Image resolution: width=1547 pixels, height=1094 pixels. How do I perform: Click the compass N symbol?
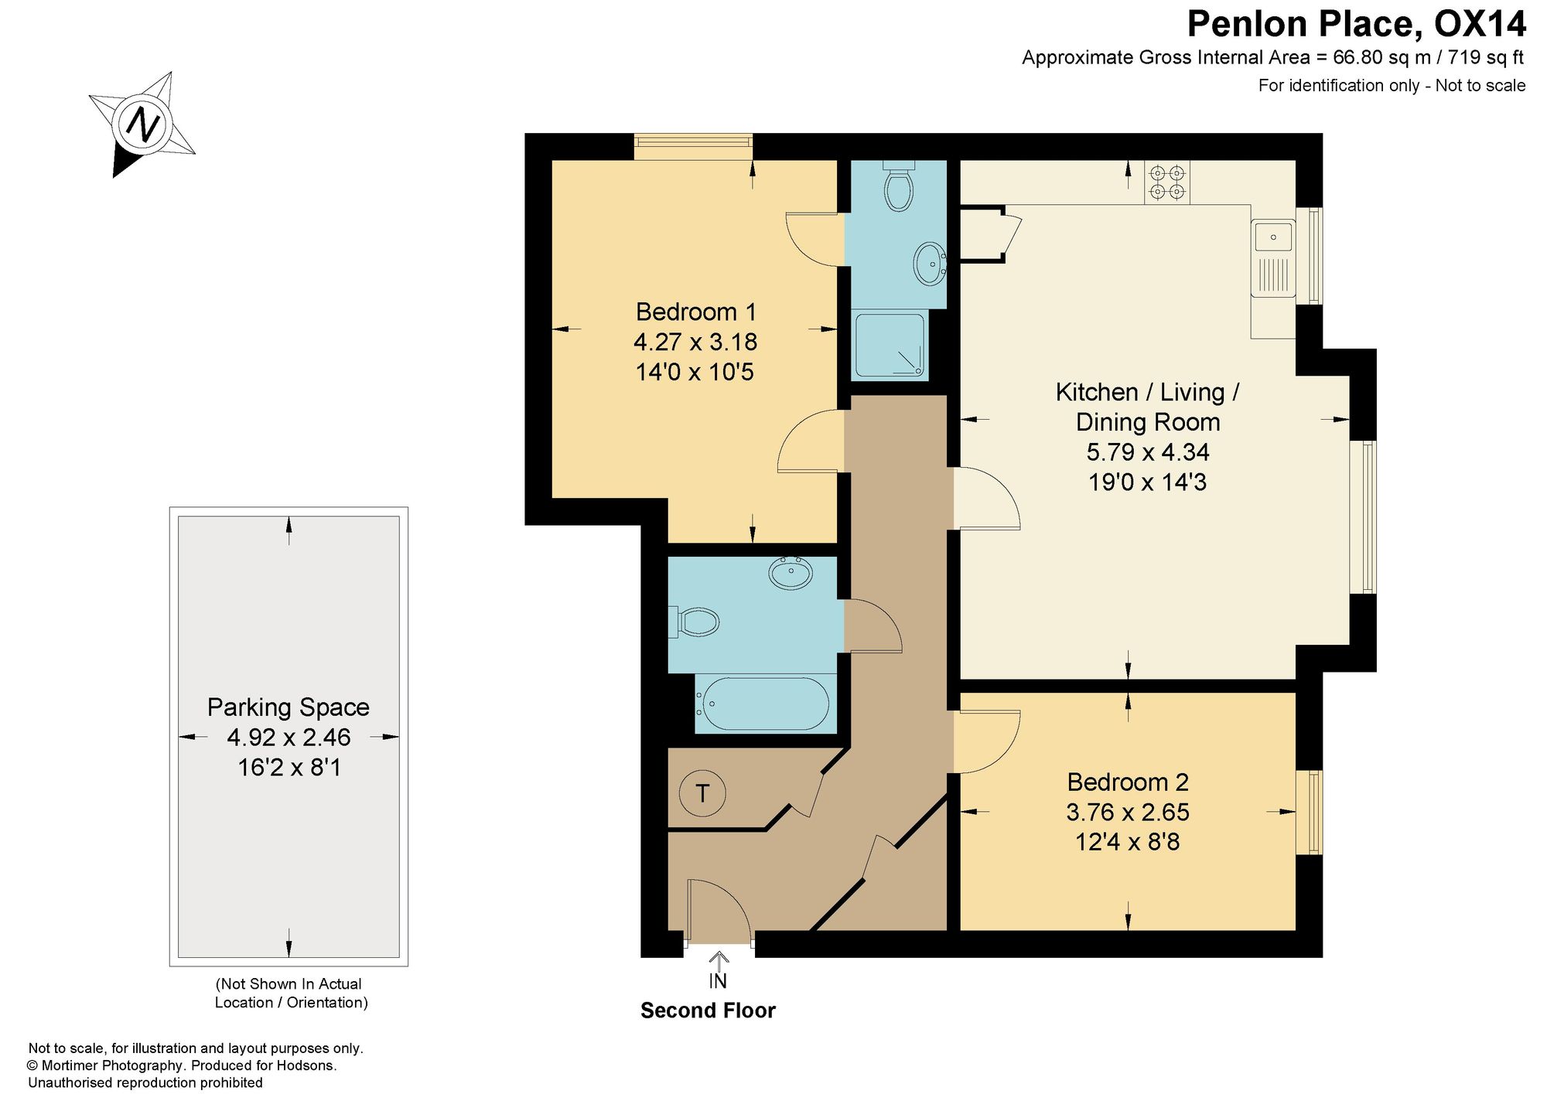coord(142,123)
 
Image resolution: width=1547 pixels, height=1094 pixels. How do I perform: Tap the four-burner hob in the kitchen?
coord(1167,182)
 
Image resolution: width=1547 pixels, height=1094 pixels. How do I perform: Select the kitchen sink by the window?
coord(1273,258)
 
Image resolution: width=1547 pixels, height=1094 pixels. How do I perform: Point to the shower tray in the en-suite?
coord(890,346)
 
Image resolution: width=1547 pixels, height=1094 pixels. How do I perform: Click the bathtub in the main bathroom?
coord(762,704)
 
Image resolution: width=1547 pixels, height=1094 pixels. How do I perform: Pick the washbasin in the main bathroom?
coord(791,573)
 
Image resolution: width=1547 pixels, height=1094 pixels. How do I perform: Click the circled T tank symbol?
coord(702,792)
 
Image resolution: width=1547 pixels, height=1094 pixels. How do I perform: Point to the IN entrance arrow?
coord(719,962)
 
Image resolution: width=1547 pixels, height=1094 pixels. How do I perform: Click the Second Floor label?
coord(708,1011)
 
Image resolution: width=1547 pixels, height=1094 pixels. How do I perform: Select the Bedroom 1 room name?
coord(695,312)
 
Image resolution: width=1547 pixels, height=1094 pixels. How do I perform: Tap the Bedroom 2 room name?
coord(1128,782)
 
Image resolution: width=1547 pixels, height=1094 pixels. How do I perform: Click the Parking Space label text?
coord(289,707)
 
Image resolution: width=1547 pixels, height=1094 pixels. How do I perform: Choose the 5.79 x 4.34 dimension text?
coord(1148,452)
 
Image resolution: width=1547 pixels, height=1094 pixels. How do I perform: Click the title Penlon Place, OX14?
coord(1357,24)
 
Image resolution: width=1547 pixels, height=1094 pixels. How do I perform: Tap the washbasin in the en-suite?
coord(929,264)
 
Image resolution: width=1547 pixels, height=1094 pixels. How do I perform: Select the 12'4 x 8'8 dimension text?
coord(1128,841)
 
